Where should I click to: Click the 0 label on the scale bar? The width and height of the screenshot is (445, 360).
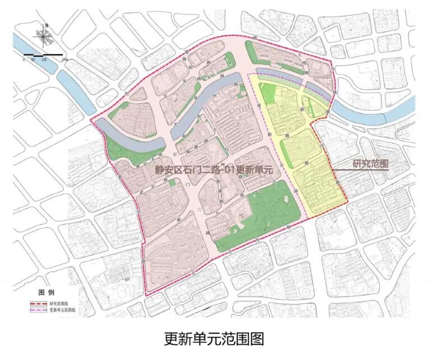point(24,58)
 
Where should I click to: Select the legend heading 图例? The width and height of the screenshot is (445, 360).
point(46,293)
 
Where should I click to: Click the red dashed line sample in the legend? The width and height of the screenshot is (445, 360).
point(39,303)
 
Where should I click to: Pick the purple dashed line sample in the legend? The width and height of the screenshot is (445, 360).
point(39,309)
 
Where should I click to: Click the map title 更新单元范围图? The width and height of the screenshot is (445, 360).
point(214,339)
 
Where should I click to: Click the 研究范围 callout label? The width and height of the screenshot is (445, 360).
point(371,164)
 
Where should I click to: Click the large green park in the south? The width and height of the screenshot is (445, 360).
point(263,210)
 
